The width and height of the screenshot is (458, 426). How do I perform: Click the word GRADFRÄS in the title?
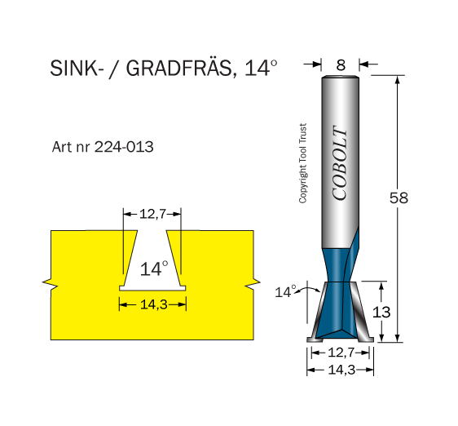[178, 69]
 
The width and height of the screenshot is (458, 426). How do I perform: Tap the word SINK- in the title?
[77, 69]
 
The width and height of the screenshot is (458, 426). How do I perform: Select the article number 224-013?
[124, 147]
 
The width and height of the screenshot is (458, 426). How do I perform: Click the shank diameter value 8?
[341, 65]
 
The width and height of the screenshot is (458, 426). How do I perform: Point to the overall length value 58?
[399, 197]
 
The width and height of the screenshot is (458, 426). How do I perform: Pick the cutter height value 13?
[381, 313]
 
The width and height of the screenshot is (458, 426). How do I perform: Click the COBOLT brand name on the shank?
[340, 163]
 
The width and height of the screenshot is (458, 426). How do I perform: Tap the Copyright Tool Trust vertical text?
[303, 163]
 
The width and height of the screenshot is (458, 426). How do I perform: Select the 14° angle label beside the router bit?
[286, 292]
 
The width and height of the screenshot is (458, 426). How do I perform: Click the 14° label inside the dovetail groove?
[154, 268]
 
